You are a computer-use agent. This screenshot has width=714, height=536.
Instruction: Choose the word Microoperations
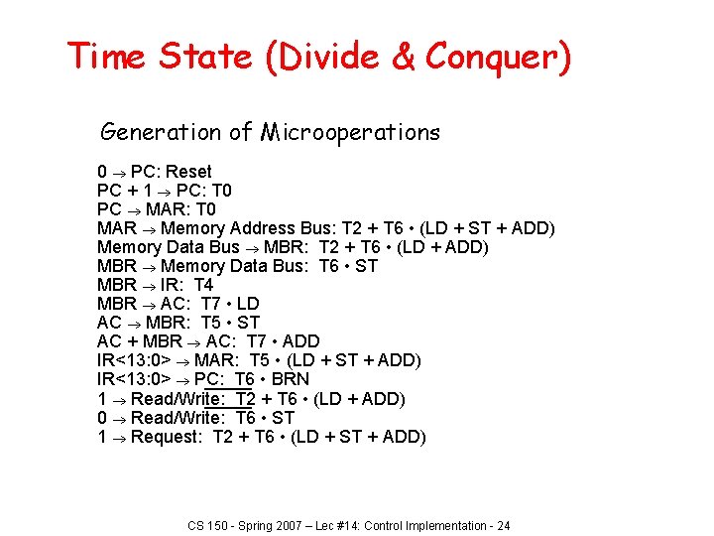pyautogui.click(x=350, y=132)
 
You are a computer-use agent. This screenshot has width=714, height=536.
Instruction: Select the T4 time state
pyautogui.click(x=203, y=285)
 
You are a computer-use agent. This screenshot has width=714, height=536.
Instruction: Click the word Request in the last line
pyautogui.click(x=166, y=437)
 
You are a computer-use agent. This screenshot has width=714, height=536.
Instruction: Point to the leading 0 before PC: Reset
pyautogui.click(x=102, y=172)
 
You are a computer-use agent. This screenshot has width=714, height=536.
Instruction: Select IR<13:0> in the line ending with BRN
pyautogui.click(x=134, y=379)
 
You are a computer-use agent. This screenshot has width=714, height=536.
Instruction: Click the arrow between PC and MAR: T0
pyautogui.click(x=133, y=209)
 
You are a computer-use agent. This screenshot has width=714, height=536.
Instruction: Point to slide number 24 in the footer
pyautogui.click(x=503, y=525)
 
